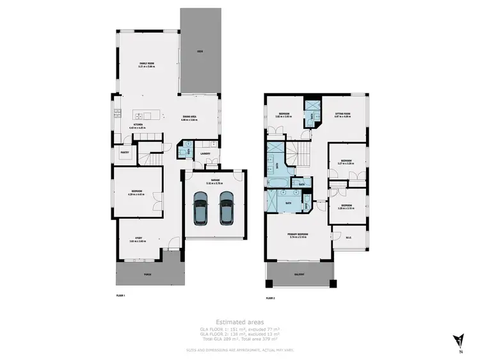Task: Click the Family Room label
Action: click(148, 63)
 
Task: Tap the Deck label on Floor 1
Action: click(200, 51)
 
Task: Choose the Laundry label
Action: click(205, 154)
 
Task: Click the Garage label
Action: click(213, 182)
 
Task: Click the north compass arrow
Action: click(459, 339)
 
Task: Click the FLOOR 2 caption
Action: click(270, 298)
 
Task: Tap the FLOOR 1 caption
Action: click(120, 296)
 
